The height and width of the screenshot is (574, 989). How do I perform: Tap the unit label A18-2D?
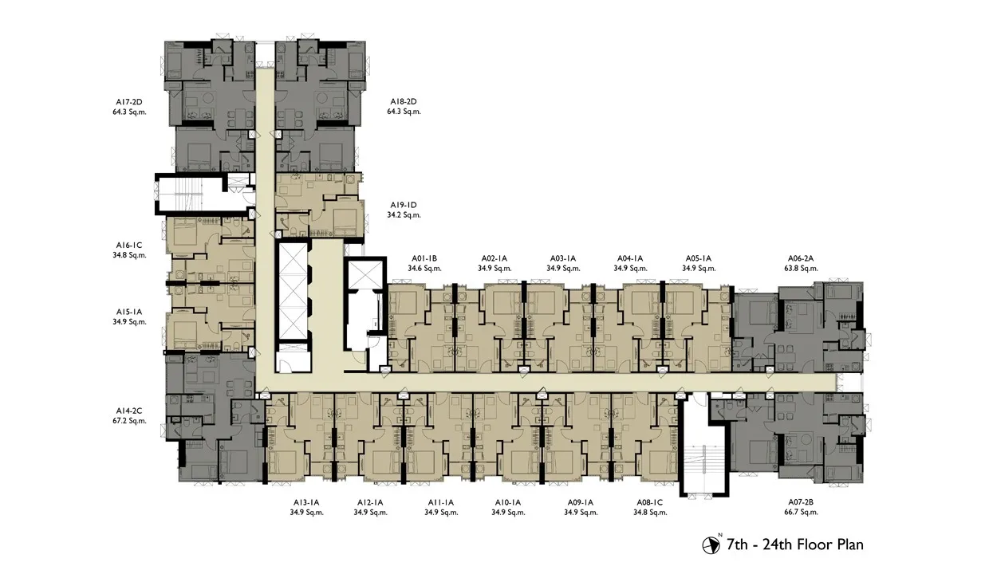(x=403, y=102)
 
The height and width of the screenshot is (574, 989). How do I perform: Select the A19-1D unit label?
(x=403, y=205)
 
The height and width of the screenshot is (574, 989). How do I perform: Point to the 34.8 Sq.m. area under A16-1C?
(x=129, y=255)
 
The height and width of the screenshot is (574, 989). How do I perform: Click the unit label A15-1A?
(x=129, y=312)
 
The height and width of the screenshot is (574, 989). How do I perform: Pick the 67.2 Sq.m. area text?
(x=129, y=421)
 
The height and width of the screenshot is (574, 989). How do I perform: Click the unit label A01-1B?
(x=424, y=258)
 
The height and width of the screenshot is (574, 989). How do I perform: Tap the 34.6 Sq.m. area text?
(x=424, y=268)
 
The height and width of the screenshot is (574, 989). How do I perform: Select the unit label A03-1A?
(x=563, y=258)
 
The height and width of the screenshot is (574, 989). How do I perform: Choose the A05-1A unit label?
(x=699, y=258)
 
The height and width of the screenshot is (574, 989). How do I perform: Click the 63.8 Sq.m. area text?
(x=801, y=268)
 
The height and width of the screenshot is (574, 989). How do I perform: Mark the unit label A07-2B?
(x=801, y=502)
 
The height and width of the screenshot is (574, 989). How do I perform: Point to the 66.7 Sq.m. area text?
(x=801, y=513)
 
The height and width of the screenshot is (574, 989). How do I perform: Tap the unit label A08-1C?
(x=649, y=502)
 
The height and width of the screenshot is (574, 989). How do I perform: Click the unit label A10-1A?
(x=508, y=502)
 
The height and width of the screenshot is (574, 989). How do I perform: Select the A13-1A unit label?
(x=306, y=502)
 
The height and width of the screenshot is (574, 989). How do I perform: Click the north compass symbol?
(x=711, y=545)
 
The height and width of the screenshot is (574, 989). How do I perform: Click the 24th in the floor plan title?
(x=779, y=545)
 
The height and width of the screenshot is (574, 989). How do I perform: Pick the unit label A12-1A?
(x=370, y=502)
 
